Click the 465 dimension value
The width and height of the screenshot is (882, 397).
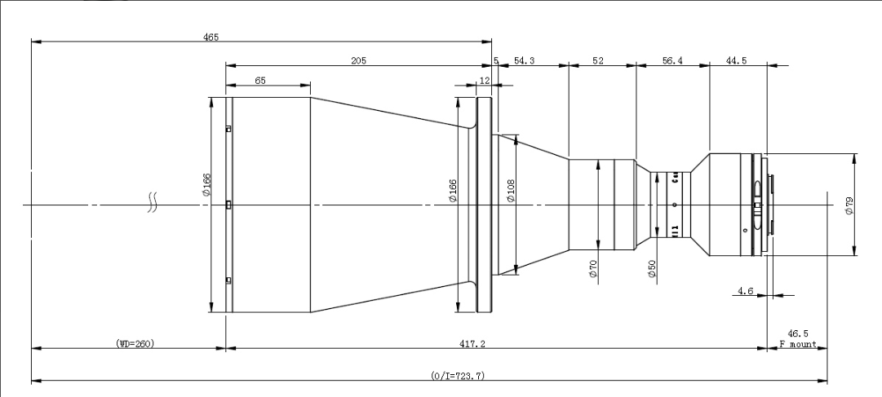click(x=211, y=37)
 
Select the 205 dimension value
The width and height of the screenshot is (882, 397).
click(x=358, y=60)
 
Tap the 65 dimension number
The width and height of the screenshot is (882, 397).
click(x=259, y=81)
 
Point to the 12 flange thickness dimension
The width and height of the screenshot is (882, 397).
click(x=485, y=81)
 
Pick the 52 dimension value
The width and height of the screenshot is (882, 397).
click(x=599, y=60)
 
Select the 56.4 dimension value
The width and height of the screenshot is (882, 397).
click(x=672, y=60)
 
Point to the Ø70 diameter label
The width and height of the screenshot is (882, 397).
click(x=594, y=269)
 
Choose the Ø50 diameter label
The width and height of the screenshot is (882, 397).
click(x=653, y=270)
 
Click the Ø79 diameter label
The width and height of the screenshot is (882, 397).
click(x=849, y=205)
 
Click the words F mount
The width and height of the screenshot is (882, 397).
click(x=798, y=344)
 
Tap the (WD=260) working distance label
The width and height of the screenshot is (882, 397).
click(x=135, y=344)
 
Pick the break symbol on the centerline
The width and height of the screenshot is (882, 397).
click(x=152, y=203)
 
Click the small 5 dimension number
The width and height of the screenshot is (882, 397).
click(x=496, y=60)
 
